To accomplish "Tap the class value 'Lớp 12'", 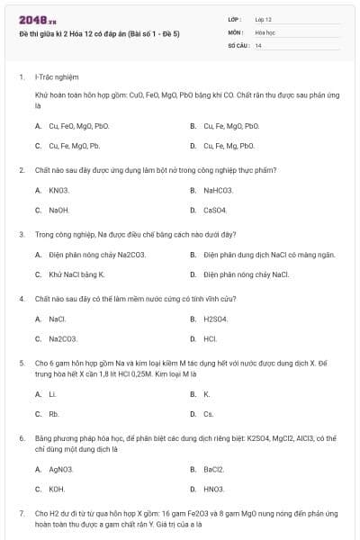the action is [264, 19].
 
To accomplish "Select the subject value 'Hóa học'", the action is [265, 31].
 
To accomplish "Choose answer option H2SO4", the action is [215, 319].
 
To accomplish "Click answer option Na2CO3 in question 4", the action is [62, 338].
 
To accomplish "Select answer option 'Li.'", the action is [52, 394].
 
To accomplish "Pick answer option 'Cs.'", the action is [209, 414].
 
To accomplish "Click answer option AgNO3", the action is [61, 469].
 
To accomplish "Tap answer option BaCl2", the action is [214, 469].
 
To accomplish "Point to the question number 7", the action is [21, 513].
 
